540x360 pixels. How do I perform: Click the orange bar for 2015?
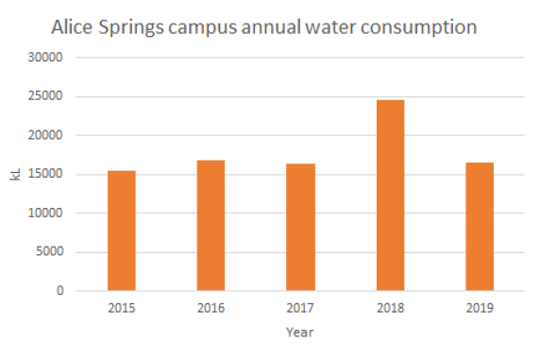click(121, 231)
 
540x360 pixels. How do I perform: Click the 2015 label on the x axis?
click(121, 308)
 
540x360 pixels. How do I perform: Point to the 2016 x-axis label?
click(211, 308)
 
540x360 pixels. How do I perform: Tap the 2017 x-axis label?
click(300, 308)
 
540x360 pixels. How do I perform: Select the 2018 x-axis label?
click(390, 308)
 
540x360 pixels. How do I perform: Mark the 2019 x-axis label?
click(480, 308)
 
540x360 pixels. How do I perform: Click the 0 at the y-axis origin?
click(59, 291)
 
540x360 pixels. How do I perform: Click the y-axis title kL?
click(15, 175)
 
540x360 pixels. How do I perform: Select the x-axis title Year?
click(300, 333)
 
